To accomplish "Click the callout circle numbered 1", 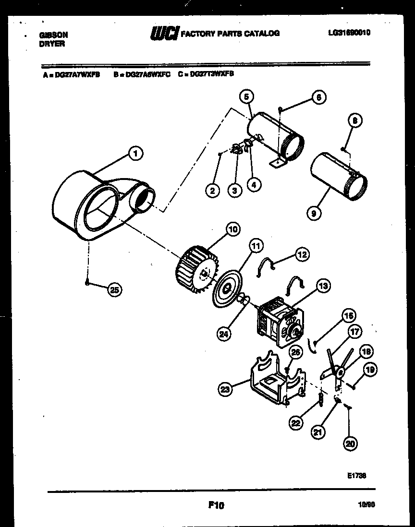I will (136, 154).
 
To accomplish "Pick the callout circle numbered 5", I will (246, 97).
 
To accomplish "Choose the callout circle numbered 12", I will (302, 254).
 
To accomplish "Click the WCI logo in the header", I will (165, 33).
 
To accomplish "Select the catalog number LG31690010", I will (349, 33).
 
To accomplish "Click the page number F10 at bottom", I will (217, 505).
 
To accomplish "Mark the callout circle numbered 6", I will (318, 97).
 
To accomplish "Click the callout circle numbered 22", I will (296, 422).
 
